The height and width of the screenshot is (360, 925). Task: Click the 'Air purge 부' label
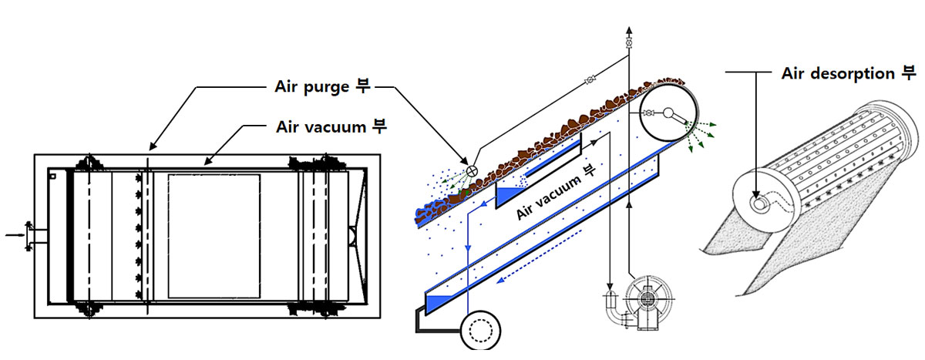322,86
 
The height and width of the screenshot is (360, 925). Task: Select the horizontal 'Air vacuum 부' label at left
331,126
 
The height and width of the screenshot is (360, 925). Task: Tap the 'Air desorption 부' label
849,73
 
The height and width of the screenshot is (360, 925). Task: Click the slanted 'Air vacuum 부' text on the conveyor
556,192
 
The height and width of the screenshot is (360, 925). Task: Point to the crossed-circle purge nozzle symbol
472,170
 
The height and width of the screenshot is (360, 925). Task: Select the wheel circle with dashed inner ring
480,330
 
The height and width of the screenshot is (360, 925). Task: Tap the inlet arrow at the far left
15,235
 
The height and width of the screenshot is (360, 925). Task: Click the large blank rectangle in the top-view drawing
214,236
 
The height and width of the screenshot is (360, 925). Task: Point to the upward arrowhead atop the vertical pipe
628,31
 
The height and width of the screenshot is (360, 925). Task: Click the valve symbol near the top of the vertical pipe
628,43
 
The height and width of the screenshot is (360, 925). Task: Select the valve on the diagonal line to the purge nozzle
590,79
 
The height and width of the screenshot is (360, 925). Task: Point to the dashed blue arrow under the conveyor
539,257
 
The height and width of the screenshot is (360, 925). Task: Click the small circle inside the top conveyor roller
668,113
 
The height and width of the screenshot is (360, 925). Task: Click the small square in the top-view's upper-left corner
52,177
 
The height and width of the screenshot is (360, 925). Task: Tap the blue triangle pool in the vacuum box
510,196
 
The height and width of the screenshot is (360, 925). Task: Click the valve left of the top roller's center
649,113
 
